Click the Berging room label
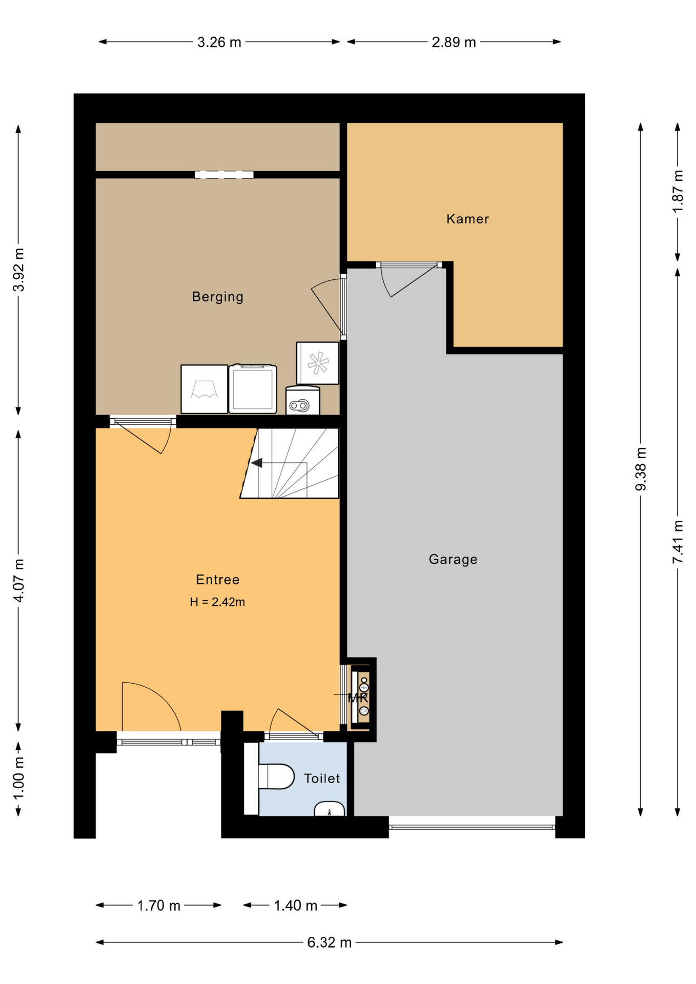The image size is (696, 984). click(217, 297)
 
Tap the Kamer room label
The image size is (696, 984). click(467, 219)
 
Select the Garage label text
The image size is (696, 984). click(453, 559)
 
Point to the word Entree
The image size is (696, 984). click(217, 580)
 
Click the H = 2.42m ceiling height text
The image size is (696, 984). click(217, 602)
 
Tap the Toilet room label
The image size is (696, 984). click(322, 778)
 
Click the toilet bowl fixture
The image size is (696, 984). click(276, 776)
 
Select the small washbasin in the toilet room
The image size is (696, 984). click(329, 809)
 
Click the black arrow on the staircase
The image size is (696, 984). click(256, 463)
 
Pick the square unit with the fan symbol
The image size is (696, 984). click(318, 363)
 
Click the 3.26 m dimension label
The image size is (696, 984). click(219, 42)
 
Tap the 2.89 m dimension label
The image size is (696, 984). click(454, 42)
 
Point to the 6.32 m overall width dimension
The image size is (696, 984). click(330, 942)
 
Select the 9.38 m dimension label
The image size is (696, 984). click(641, 469)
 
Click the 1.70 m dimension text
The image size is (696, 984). click(159, 906)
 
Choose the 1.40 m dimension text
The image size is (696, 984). click(296, 906)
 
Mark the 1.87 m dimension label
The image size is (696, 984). click(678, 192)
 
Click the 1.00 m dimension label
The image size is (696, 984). click(18, 778)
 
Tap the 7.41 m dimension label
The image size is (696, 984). click(678, 542)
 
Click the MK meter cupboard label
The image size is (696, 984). click(358, 698)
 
